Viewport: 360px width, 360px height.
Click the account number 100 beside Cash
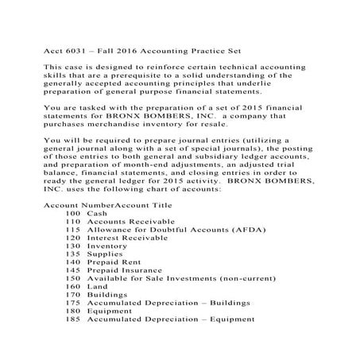pos(73,215)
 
